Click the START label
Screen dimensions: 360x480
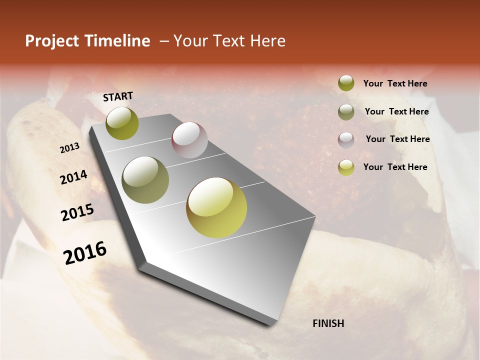click(x=118, y=96)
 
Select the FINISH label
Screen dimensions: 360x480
click(x=328, y=323)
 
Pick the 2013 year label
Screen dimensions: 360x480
click(x=69, y=148)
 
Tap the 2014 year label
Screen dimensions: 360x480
click(x=73, y=177)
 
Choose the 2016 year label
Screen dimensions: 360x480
click(x=85, y=252)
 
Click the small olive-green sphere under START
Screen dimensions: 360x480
click(x=122, y=123)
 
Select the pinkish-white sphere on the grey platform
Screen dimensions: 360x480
click(x=189, y=140)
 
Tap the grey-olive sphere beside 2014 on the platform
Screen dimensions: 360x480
click(x=145, y=180)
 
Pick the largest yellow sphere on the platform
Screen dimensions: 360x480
click(x=216, y=207)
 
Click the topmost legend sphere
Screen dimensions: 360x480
click(x=346, y=83)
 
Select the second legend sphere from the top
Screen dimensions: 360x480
click(x=346, y=112)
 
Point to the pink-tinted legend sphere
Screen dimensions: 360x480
click(x=346, y=140)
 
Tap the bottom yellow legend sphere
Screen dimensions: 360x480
click(x=346, y=167)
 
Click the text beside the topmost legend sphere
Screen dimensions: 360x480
click(x=395, y=84)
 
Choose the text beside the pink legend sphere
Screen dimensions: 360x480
click(x=397, y=139)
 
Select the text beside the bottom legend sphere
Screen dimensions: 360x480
click(x=395, y=167)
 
